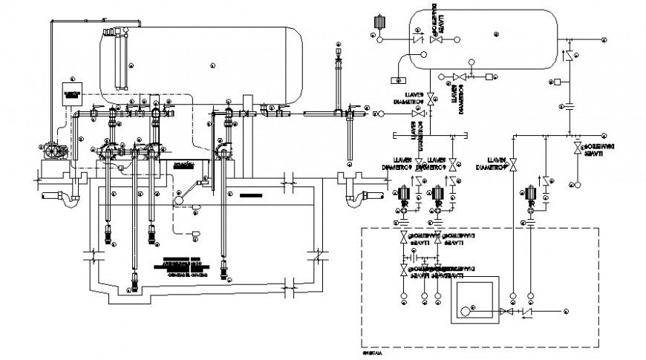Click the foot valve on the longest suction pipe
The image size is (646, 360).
click(135, 280)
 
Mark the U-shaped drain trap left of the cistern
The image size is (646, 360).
click(59, 198)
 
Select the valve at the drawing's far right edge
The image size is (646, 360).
click(578, 150)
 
